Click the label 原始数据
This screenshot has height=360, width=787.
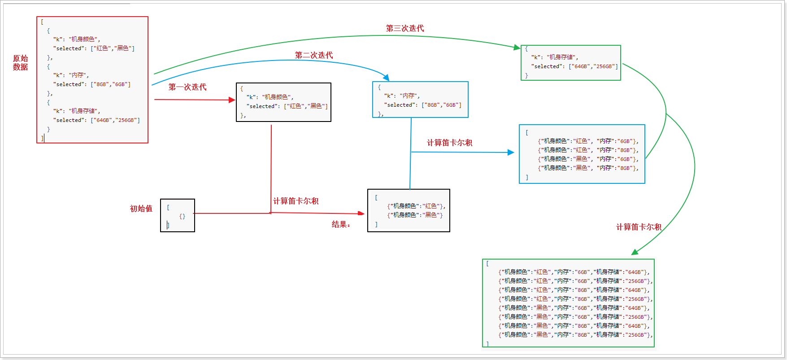[x=20, y=62]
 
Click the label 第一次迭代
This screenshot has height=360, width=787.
[x=187, y=87]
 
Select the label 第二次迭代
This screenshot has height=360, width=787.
[x=314, y=55]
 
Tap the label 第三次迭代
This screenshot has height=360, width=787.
[x=405, y=28]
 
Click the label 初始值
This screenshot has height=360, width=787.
[x=141, y=208]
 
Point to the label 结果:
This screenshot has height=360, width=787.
[x=341, y=224]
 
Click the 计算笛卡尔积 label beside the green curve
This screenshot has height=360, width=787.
[x=639, y=227]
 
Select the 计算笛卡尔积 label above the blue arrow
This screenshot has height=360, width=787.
[x=449, y=143]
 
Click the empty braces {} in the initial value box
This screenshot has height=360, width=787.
[x=182, y=216]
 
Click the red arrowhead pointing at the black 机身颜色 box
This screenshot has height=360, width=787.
[x=232, y=100]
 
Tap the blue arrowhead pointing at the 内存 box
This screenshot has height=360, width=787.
[x=386, y=78]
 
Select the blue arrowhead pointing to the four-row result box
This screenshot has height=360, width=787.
[x=511, y=152]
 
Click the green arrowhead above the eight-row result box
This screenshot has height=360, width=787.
[x=635, y=252]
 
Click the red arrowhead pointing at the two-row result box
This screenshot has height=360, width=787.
[x=361, y=213]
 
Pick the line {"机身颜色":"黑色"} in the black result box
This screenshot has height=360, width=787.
[x=415, y=215]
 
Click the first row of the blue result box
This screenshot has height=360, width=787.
[x=588, y=141]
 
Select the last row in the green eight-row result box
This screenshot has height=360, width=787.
[x=575, y=335]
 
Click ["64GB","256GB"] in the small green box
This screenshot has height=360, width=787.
[x=593, y=66]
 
